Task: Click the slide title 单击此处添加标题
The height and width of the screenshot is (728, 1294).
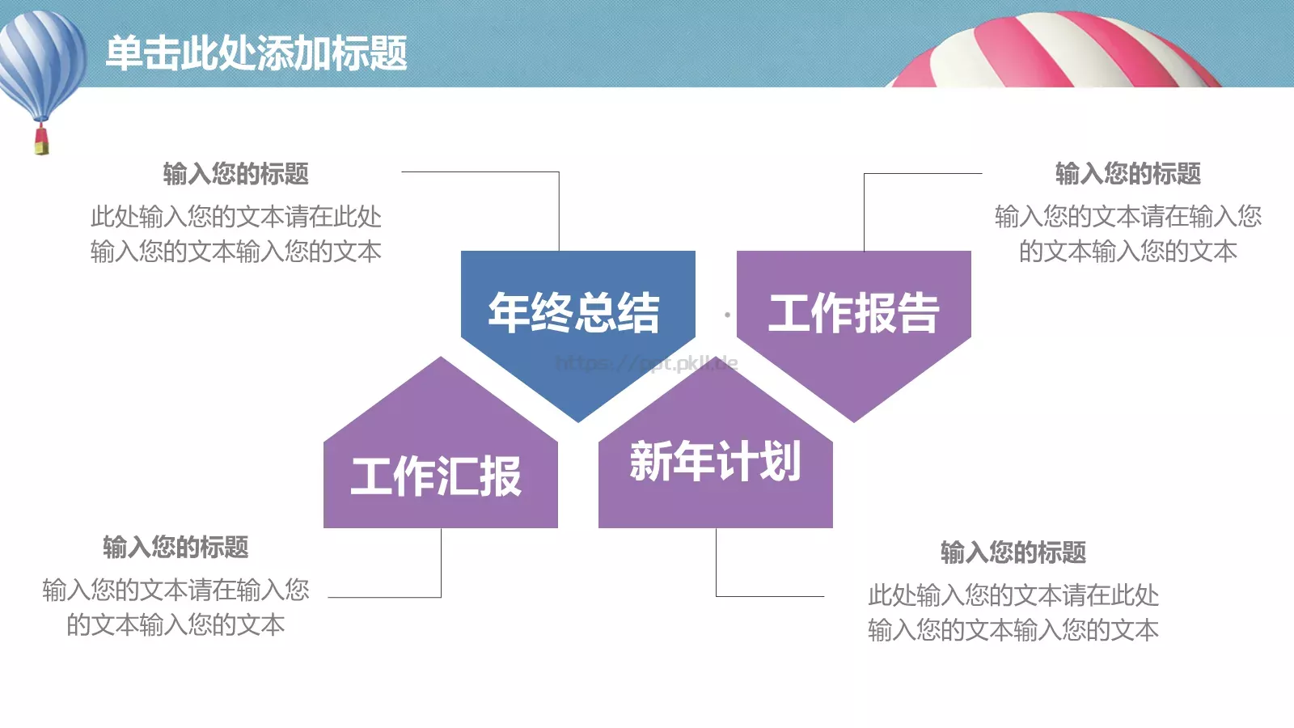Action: coord(256,53)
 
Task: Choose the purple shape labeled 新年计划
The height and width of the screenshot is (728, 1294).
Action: coord(715,461)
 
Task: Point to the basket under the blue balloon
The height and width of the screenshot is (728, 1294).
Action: coord(41,142)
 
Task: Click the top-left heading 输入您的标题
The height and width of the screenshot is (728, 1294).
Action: coord(235,174)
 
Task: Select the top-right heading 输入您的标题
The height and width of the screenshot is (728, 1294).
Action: coord(1127,174)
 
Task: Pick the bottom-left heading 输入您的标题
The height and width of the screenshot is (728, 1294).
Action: coord(175,548)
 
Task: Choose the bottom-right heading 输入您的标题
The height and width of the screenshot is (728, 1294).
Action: coord(1013,552)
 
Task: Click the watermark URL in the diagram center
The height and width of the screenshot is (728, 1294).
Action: coord(647,363)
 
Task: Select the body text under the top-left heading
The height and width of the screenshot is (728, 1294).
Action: coord(235,234)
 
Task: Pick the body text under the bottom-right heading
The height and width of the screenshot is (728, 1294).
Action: coord(1013,612)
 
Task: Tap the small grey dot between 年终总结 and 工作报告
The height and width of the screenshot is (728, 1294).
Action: coord(727,315)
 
